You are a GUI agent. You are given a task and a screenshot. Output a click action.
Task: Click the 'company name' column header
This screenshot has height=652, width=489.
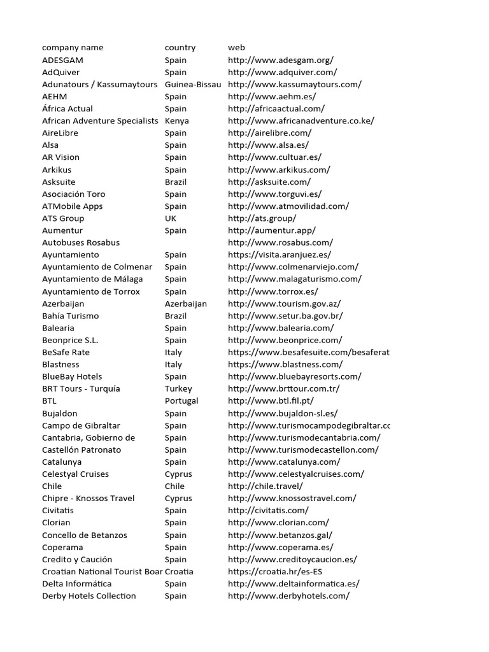[73, 48]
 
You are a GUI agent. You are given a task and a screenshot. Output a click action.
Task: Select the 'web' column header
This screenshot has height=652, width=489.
[236, 48]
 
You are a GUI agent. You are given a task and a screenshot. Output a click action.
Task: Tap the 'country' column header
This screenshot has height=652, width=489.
[180, 48]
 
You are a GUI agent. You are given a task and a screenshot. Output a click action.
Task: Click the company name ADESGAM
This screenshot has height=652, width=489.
[62, 60]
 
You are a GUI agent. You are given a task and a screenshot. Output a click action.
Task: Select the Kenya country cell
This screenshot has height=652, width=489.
[176, 121]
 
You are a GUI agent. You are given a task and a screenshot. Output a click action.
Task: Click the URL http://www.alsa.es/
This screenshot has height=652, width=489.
[268, 145]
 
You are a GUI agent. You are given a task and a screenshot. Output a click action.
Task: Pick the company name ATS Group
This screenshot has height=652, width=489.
[63, 218]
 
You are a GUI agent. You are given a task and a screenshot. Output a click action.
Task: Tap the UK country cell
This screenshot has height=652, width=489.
[171, 218]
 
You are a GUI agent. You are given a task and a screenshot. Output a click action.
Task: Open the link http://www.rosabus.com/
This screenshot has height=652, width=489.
[280, 243]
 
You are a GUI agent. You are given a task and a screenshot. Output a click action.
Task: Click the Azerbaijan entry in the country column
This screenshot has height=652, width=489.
[186, 304]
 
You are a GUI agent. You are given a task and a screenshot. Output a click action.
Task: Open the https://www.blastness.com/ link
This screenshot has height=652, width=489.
[285, 365]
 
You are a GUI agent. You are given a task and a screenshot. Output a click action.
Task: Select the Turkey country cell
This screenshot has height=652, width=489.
[178, 389]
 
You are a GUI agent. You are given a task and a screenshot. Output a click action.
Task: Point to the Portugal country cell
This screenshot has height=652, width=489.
[181, 401]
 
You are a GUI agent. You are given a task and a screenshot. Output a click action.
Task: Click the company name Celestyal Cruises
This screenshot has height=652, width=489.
[75, 474]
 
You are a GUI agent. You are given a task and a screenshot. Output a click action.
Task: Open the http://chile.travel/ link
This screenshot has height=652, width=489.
[266, 486]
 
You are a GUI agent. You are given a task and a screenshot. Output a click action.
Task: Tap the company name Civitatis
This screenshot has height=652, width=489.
[58, 511]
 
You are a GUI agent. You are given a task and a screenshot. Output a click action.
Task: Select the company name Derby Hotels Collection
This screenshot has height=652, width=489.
[89, 596]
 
